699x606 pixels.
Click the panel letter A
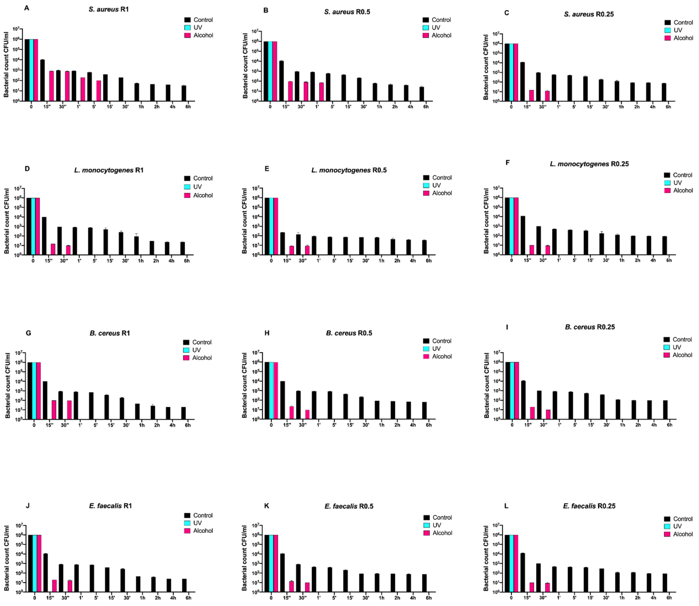[x=27, y=8]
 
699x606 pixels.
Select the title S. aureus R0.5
[x=347, y=12]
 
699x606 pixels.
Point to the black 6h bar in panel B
[x=421, y=94]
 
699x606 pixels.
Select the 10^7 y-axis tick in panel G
[x=19, y=353]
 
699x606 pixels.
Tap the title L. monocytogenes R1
[x=109, y=170]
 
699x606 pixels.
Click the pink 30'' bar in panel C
[x=547, y=96]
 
